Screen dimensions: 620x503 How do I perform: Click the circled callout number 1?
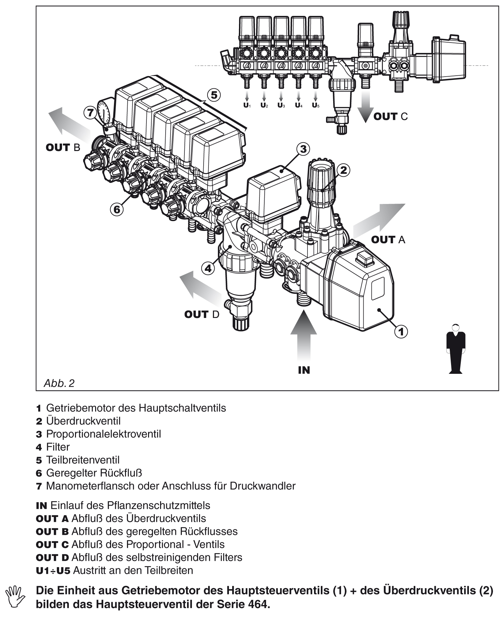pyautogui.click(x=401, y=332)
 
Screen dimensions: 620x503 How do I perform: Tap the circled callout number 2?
pyautogui.click(x=344, y=170)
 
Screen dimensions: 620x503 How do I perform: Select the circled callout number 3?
pyautogui.click(x=303, y=149)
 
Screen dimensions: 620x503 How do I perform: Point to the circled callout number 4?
pyautogui.click(x=208, y=268)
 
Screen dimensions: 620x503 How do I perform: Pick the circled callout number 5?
pyautogui.click(x=214, y=95)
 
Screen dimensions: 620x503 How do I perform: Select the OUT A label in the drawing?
pyautogui.click(x=388, y=240)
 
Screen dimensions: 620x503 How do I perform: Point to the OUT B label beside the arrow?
pyautogui.click(x=63, y=147)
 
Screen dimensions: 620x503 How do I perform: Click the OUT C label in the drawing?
pyautogui.click(x=390, y=116)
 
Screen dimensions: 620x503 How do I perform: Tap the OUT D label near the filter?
pyautogui.click(x=202, y=314)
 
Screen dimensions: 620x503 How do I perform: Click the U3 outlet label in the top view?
pyautogui.click(x=281, y=105)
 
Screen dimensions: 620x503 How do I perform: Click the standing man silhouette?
pyautogui.click(x=456, y=348)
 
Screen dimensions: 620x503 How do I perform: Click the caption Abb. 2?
pyautogui.click(x=59, y=383)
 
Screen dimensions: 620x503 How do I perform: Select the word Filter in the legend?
pyautogui.click(x=58, y=447)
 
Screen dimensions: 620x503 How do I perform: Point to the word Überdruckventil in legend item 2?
pyautogui.click(x=83, y=421)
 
